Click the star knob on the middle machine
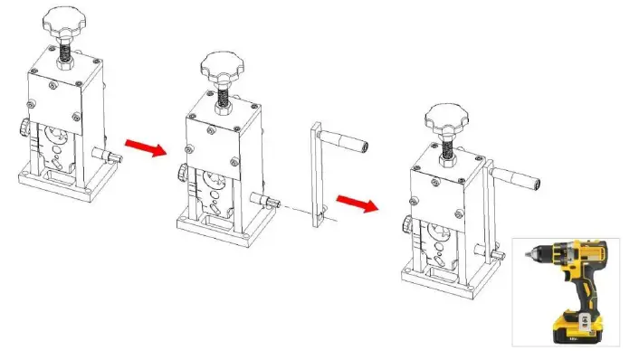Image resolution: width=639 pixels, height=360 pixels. (221, 64)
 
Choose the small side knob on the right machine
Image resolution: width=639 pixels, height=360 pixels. (407, 224)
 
